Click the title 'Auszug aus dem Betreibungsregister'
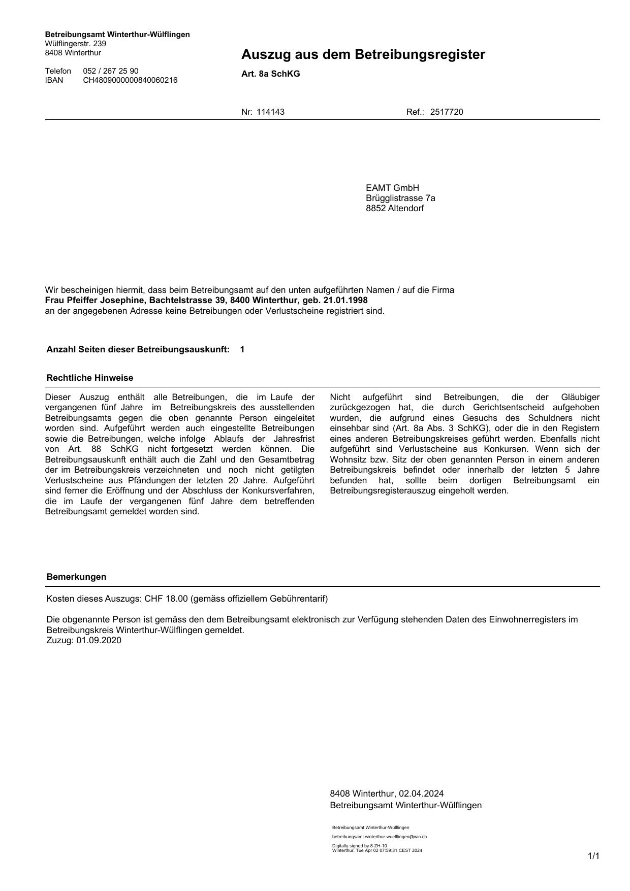coord(363,54)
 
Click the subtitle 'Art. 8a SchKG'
coord(270,74)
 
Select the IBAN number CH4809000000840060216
coord(130,80)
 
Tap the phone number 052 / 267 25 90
coord(110,71)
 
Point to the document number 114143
coord(270,112)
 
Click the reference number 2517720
coord(446,112)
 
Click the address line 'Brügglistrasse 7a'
coord(400,198)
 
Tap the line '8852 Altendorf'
coord(395,208)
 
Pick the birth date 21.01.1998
coord(345,300)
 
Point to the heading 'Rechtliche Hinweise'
coord(89,378)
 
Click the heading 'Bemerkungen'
coord(76,577)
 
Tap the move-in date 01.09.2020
coord(99,640)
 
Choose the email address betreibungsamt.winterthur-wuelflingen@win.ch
coord(379,837)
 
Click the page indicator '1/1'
coord(593,856)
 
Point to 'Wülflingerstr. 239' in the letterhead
coord(75,44)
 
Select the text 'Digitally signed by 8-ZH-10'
coord(359,846)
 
